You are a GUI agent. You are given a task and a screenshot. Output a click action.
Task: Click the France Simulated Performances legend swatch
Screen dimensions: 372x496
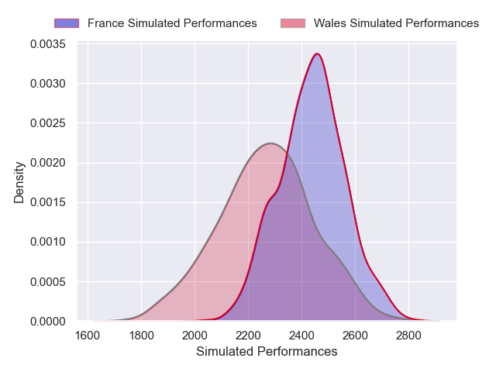[x=67, y=23]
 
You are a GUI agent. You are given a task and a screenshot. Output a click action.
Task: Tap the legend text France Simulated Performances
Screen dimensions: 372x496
[x=172, y=23]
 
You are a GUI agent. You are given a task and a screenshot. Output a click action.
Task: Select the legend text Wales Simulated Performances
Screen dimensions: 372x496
[x=396, y=23]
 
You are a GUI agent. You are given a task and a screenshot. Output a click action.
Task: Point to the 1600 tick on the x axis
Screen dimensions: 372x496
[x=88, y=335]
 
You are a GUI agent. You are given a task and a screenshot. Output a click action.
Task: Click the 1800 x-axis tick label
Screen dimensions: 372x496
[x=141, y=335]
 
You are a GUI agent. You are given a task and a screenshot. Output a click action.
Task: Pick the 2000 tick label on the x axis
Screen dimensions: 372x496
[x=195, y=335]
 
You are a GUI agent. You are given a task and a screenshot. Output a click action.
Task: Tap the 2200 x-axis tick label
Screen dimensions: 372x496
[x=248, y=335]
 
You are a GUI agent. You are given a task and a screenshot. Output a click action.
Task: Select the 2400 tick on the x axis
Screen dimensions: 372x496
[x=301, y=335]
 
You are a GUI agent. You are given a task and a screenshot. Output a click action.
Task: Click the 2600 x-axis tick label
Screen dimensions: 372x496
[x=355, y=335]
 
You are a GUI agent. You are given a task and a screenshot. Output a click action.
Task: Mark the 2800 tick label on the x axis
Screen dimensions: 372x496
[x=408, y=335]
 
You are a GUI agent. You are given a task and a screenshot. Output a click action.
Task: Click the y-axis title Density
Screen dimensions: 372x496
[x=19, y=182]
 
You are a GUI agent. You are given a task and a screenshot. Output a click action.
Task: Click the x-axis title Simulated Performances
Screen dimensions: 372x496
[x=267, y=352]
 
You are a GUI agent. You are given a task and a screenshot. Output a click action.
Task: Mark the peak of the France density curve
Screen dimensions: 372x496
[x=317, y=53]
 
